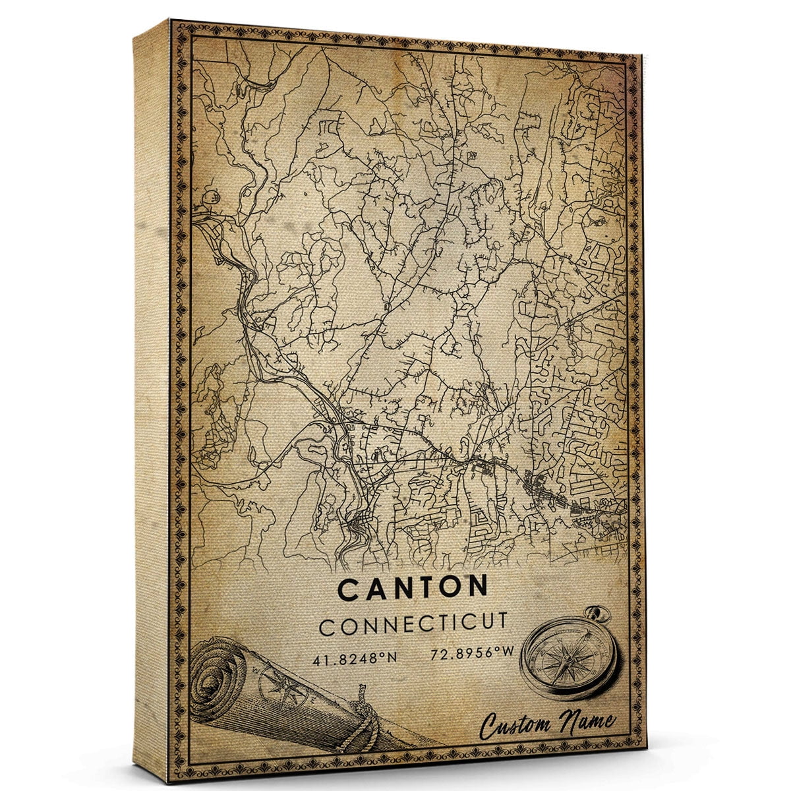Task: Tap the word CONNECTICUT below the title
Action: (x=413, y=624)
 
